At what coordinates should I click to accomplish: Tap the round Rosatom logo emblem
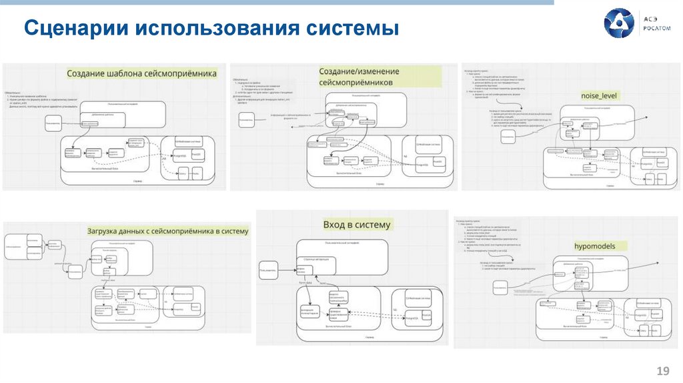[x=618, y=23]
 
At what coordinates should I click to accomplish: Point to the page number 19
[x=663, y=370]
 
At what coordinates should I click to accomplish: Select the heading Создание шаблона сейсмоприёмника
[x=141, y=73]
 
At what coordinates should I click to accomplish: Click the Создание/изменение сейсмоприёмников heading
[x=360, y=76]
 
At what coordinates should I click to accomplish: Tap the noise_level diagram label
[x=600, y=95]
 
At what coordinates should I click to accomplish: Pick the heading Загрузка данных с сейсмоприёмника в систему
[x=167, y=231]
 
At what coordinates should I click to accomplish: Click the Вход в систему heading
[x=357, y=224]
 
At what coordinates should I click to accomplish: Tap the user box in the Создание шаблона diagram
[x=53, y=124]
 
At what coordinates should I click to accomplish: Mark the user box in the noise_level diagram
[x=508, y=135]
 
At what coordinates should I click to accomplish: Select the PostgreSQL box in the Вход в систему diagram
[x=415, y=319]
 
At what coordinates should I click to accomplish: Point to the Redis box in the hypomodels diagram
[x=656, y=331]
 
